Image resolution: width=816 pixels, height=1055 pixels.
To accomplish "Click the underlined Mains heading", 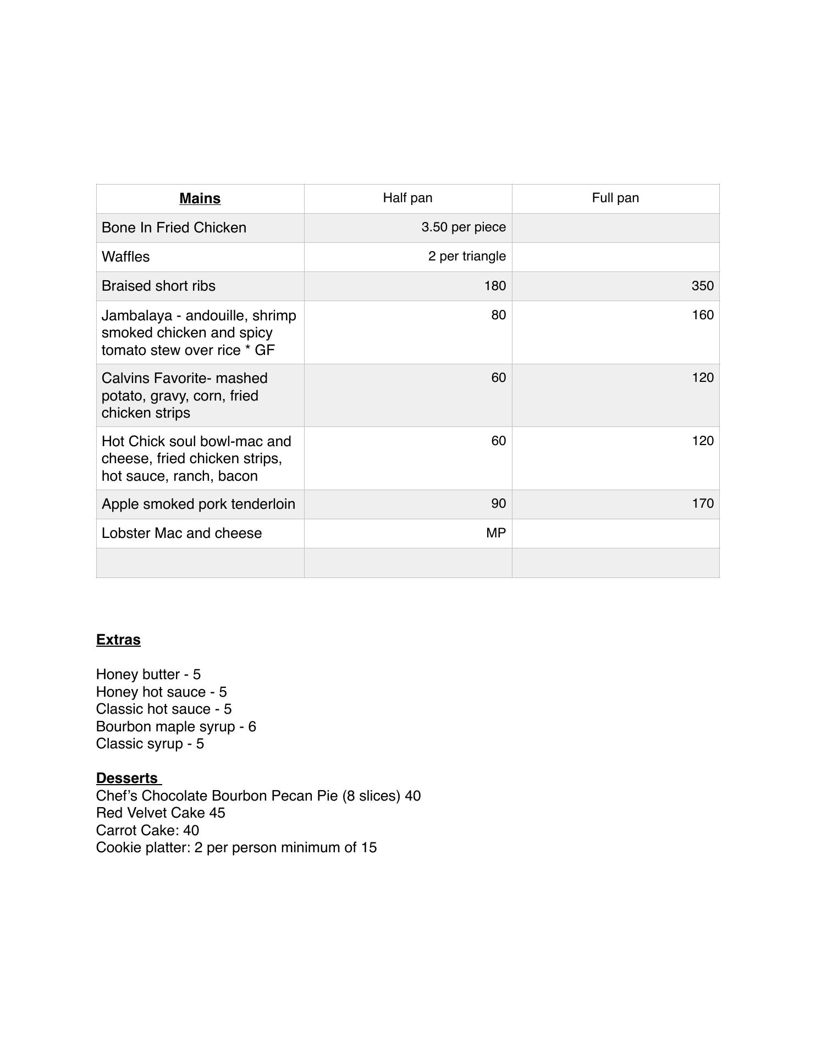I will [200, 198].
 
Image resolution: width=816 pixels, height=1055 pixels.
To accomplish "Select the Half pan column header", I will [407, 198].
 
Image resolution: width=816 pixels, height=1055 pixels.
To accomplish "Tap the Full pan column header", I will [615, 198].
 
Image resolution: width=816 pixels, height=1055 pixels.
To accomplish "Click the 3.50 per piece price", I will [464, 227].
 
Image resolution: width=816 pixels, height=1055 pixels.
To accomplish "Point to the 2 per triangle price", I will [467, 256].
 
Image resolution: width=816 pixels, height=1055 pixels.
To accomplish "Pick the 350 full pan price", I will [702, 286].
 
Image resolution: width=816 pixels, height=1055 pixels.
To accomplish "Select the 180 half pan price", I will [495, 286].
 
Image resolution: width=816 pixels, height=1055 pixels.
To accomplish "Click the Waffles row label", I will [125, 257].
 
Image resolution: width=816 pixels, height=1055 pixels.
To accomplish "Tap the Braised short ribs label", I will [158, 286].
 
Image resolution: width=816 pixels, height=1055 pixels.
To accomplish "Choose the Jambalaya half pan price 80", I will [498, 315].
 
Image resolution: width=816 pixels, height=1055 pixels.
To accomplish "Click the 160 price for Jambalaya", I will [702, 315].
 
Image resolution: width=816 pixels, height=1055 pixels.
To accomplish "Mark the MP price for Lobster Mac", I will [496, 533].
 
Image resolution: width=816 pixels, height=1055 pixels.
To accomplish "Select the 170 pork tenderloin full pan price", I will [702, 503].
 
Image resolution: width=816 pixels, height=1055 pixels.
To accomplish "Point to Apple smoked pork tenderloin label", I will [198, 504].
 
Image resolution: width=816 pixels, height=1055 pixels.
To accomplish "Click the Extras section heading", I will [118, 640].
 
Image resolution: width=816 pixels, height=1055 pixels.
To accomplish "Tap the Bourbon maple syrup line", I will [176, 726].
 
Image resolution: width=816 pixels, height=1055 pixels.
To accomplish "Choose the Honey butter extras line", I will [148, 674].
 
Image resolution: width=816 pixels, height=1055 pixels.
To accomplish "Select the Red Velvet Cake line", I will [161, 813].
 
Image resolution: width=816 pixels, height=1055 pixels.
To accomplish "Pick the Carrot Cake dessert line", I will [147, 830].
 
